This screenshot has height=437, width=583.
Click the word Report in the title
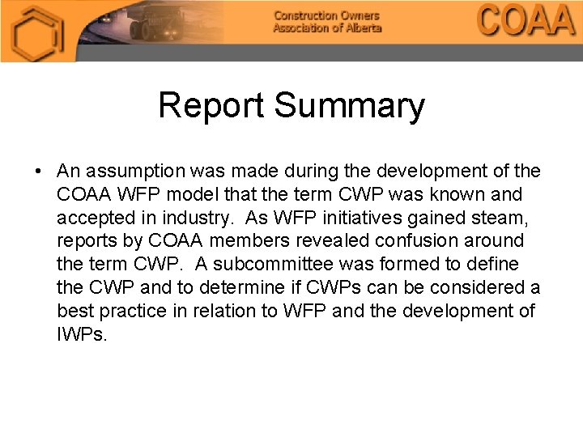212,106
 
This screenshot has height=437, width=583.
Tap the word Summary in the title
349,106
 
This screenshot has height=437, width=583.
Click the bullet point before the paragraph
38,172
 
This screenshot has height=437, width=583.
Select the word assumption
138,172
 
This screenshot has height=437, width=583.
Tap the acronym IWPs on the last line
82,334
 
